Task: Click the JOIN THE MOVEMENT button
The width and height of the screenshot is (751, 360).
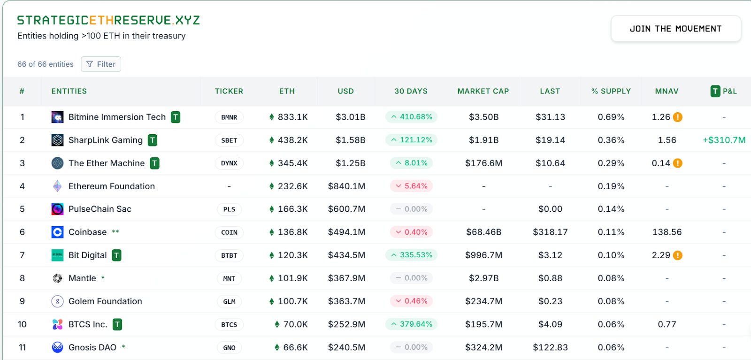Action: point(675,29)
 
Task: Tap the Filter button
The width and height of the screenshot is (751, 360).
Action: point(101,64)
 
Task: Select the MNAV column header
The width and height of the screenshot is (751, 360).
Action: point(667,91)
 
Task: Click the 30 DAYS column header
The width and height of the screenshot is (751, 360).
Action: point(411,91)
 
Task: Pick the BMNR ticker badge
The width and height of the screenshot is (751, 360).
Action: point(229,117)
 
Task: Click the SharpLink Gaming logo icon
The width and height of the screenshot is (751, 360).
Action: point(57,140)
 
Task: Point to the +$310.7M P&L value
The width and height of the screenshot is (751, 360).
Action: point(724,140)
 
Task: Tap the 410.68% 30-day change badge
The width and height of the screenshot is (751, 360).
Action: point(411,117)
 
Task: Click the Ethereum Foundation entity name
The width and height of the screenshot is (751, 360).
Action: point(112,186)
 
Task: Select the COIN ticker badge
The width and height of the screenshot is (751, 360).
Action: point(229,232)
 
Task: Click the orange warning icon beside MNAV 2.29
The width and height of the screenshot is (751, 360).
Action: point(678,255)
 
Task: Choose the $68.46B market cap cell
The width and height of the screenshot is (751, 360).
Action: point(483,232)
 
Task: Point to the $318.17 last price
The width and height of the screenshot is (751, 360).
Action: point(550,232)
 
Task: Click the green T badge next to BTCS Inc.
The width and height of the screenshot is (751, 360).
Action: point(117,324)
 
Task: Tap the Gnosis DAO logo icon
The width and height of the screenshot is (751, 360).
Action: point(57,347)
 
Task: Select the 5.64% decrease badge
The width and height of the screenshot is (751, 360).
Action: point(411,186)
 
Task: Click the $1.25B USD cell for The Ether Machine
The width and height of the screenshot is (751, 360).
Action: point(350,163)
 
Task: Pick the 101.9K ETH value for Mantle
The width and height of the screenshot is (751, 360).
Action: point(292,278)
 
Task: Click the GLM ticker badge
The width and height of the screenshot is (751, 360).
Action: point(229,301)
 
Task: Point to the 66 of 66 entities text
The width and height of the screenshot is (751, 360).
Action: point(46,64)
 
